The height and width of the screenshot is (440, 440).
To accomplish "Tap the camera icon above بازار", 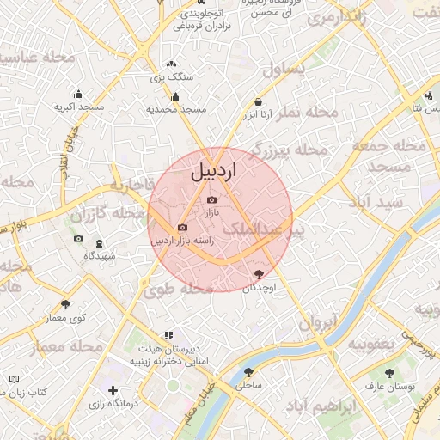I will click(212, 199).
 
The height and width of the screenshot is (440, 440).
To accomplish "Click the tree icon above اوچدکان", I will click(259, 274).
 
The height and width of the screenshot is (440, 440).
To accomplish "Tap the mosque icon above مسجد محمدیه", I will click(176, 96).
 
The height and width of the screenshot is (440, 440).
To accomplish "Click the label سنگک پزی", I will click(173, 76).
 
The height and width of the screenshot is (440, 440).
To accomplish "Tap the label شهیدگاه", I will click(100, 256).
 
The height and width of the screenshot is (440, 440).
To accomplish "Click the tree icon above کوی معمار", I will click(66, 304).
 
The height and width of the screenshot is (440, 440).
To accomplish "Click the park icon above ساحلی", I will click(249, 373).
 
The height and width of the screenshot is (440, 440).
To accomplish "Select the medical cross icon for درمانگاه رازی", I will click(113, 391).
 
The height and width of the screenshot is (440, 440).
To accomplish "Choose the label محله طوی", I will click(182, 290).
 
